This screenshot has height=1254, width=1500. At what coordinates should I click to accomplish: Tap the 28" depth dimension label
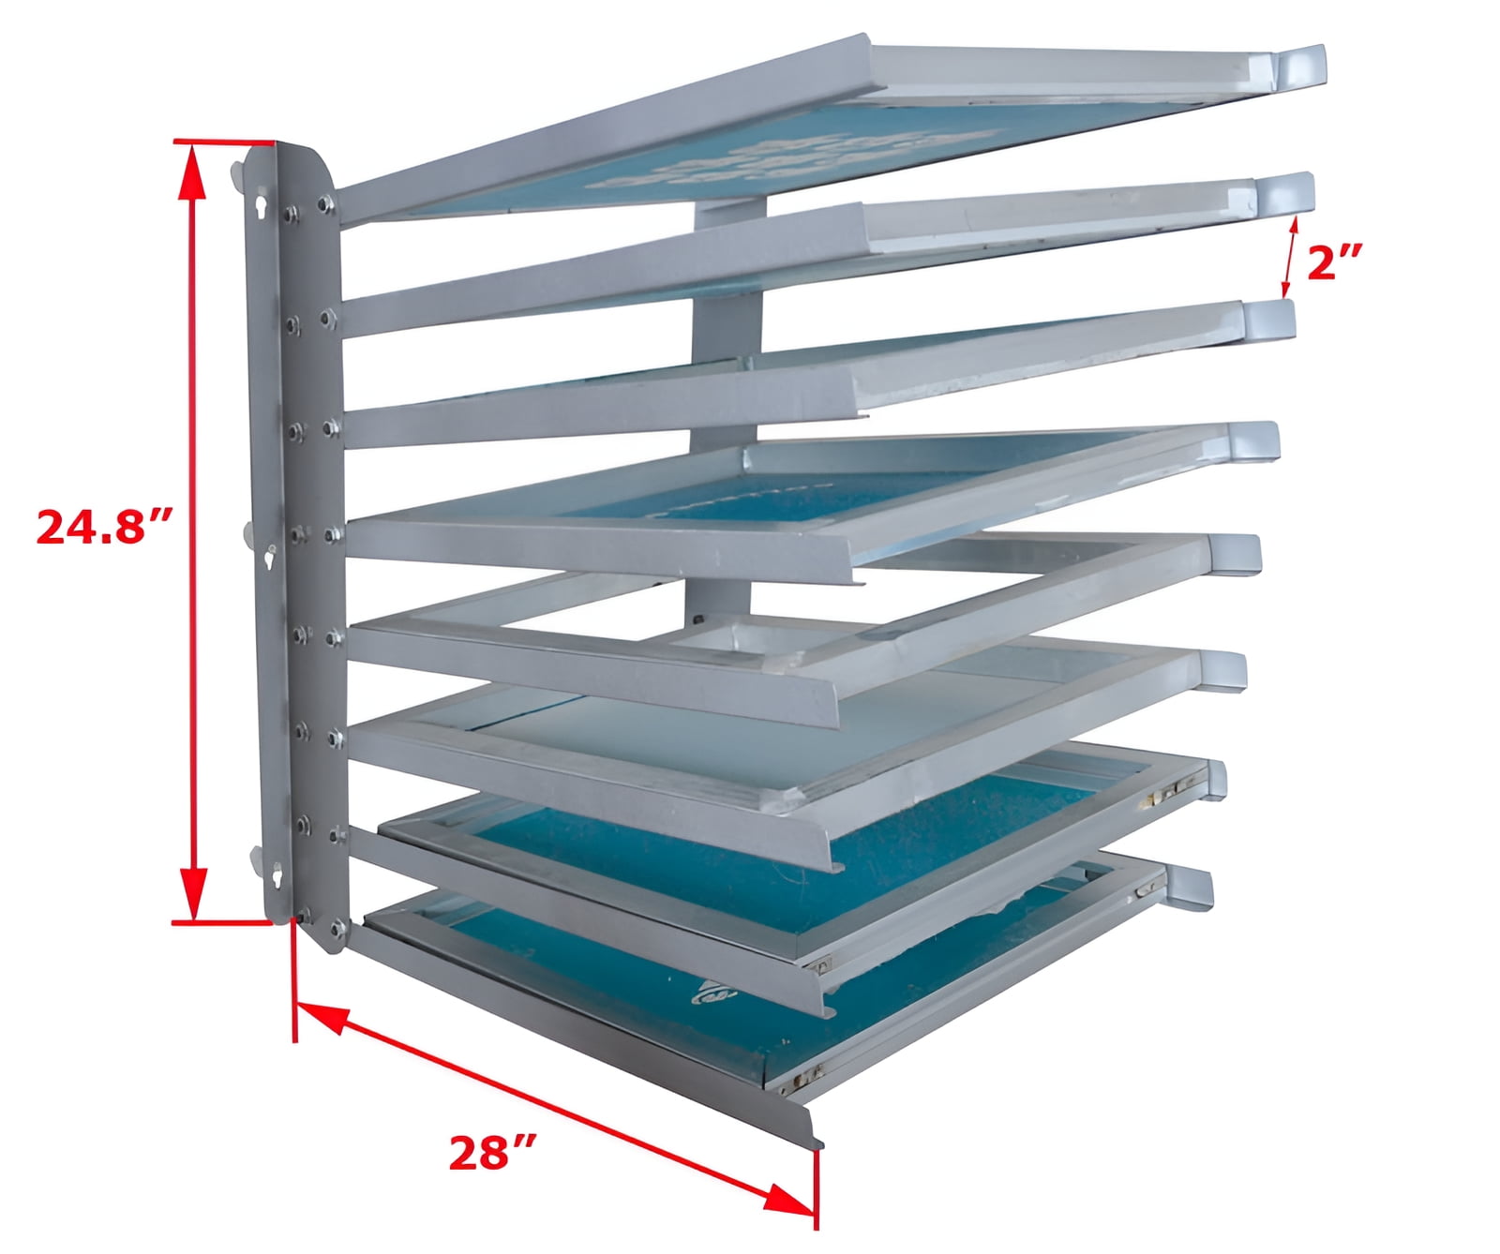point(491,1153)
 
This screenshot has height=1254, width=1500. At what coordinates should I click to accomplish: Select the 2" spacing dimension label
point(1333,263)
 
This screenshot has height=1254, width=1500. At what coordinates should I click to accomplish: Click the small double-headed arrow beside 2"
point(1290,257)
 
